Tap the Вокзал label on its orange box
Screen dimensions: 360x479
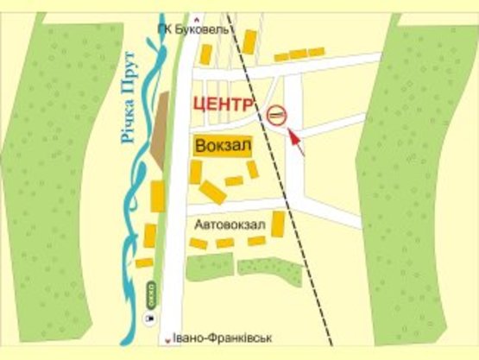pos(224,146)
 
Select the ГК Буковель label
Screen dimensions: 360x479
pos(193,29)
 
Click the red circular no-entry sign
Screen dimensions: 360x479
pos(276,113)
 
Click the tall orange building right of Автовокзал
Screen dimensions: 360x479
pos(279,224)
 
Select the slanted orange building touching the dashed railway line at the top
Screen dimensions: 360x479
pos(249,41)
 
